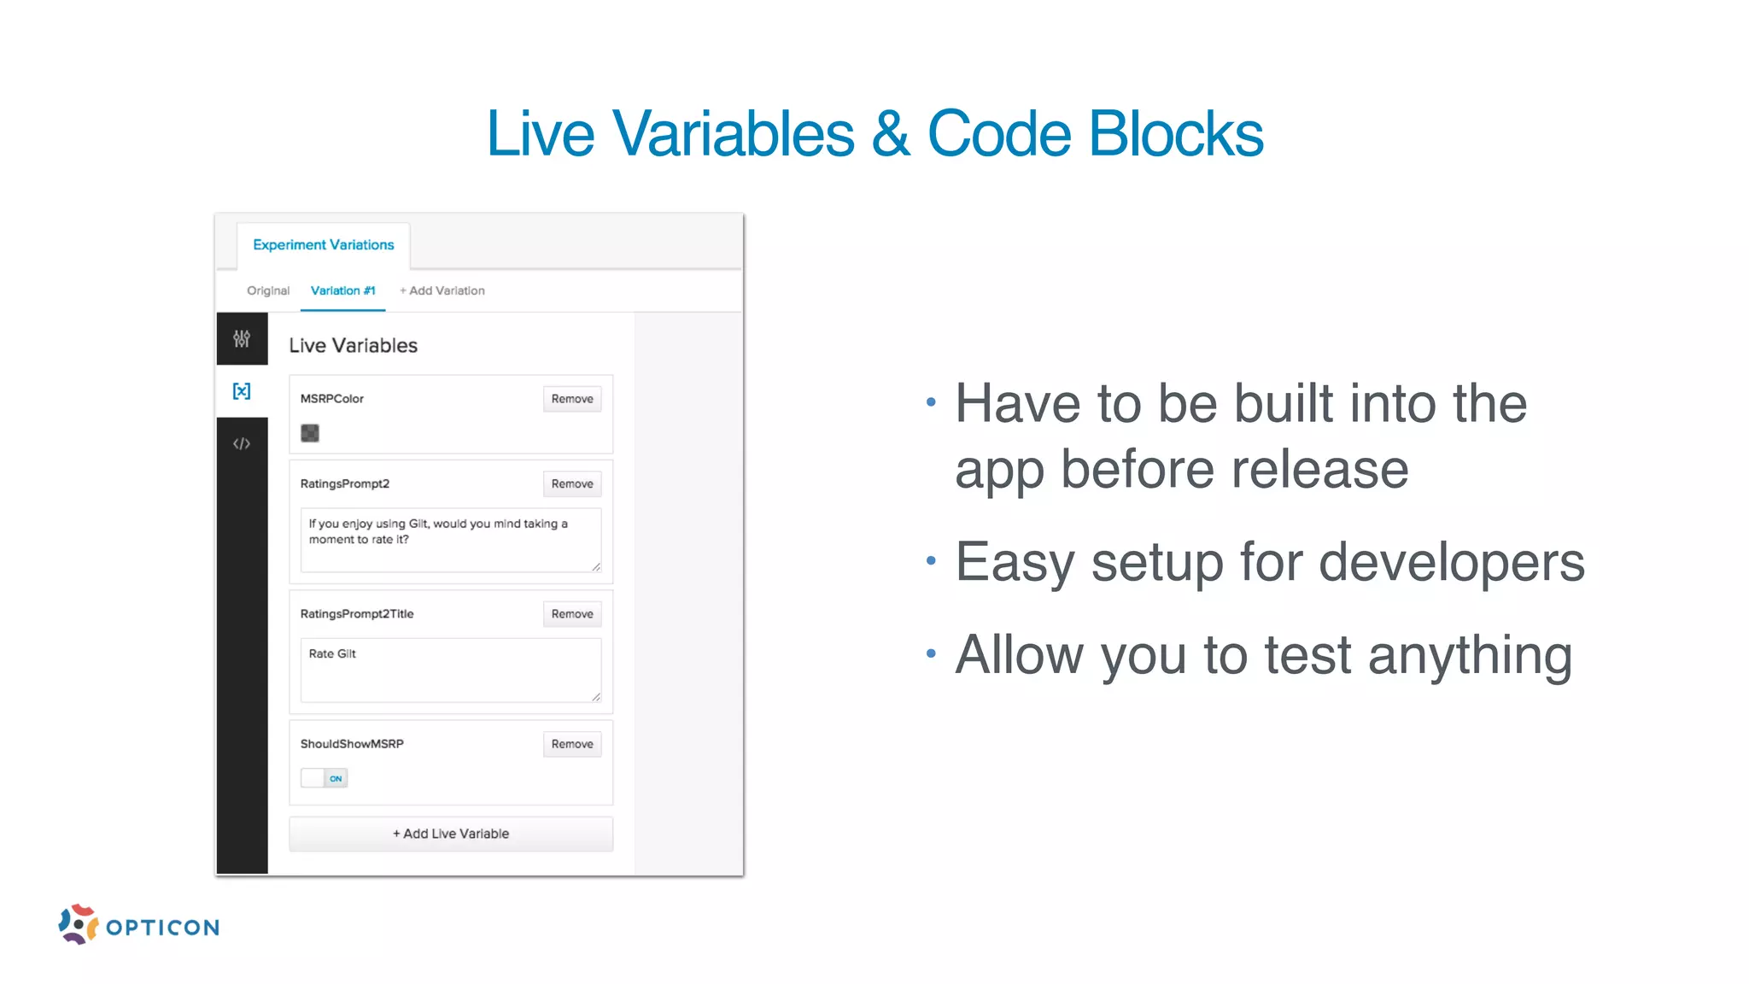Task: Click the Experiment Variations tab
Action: click(x=323, y=245)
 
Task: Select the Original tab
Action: click(x=268, y=291)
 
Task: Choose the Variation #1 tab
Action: click(x=342, y=291)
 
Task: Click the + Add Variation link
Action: click(x=442, y=291)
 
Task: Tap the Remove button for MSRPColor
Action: click(x=571, y=399)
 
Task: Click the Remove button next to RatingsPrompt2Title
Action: click(x=571, y=614)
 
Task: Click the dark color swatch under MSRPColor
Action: click(x=310, y=433)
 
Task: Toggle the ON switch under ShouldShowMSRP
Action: click(x=325, y=778)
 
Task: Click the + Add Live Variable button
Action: click(x=451, y=834)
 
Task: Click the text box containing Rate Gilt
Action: click(x=451, y=670)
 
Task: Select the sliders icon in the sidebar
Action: click(x=242, y=339)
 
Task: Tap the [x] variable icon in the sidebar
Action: click(x=242, y=391)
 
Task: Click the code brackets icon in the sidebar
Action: click(x=242, y=443)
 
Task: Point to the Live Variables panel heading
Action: click(x=353, y=346)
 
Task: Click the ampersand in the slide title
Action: click(x=891, y=134)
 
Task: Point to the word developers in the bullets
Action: click(x=1451, y=563)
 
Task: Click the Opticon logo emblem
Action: click(x=78, y=924)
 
